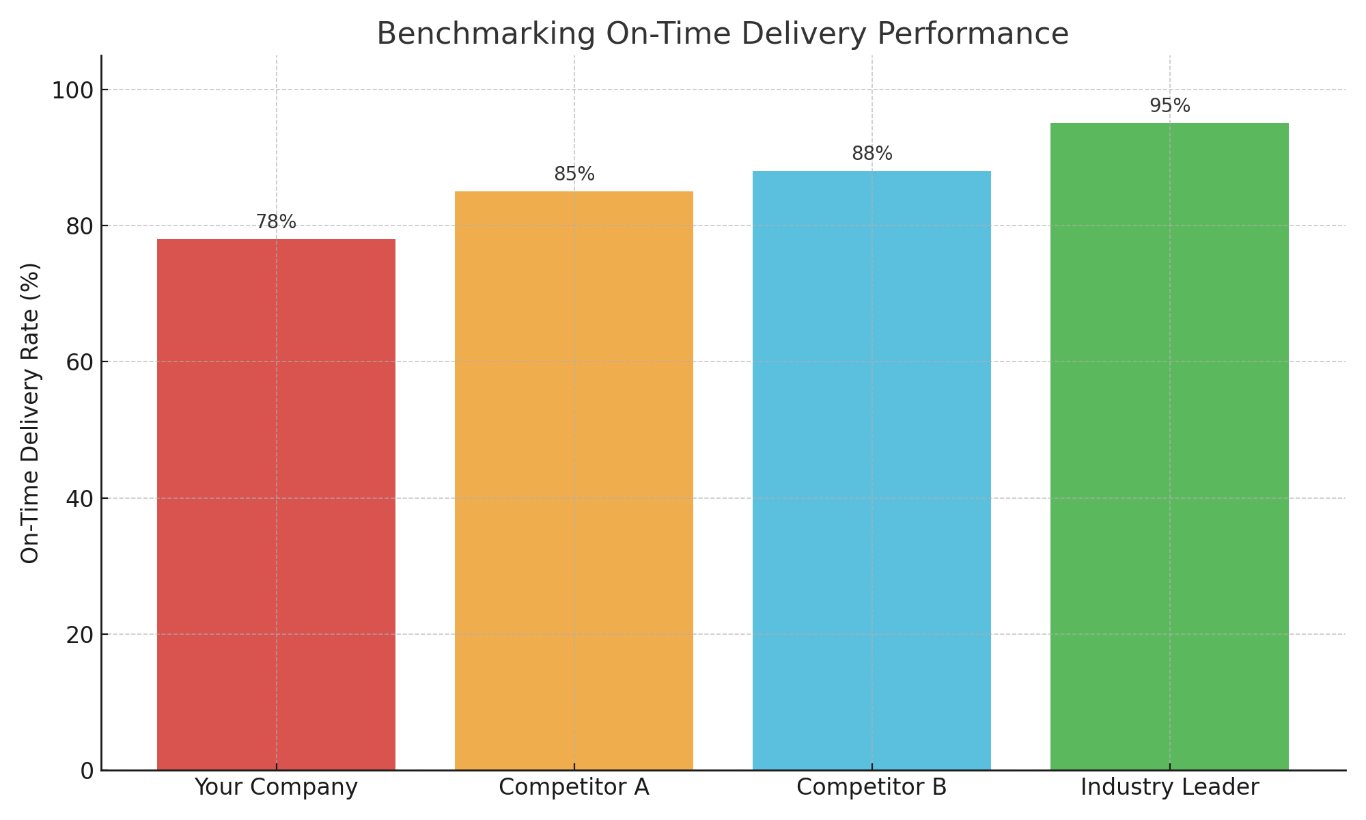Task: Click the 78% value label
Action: tap(276, 222)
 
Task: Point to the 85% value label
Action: tap(574, 174)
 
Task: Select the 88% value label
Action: tap(872, 154)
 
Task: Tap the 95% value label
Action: tap(1169, 106)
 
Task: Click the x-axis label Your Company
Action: tap(276, 787)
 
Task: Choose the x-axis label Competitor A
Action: tap(574, 787)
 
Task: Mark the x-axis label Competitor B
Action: tap(872, 787)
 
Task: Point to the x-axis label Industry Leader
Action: tap(1169, 787)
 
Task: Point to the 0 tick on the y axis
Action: tap(87, 771)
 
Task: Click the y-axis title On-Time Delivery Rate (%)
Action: tap(31, 413)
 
